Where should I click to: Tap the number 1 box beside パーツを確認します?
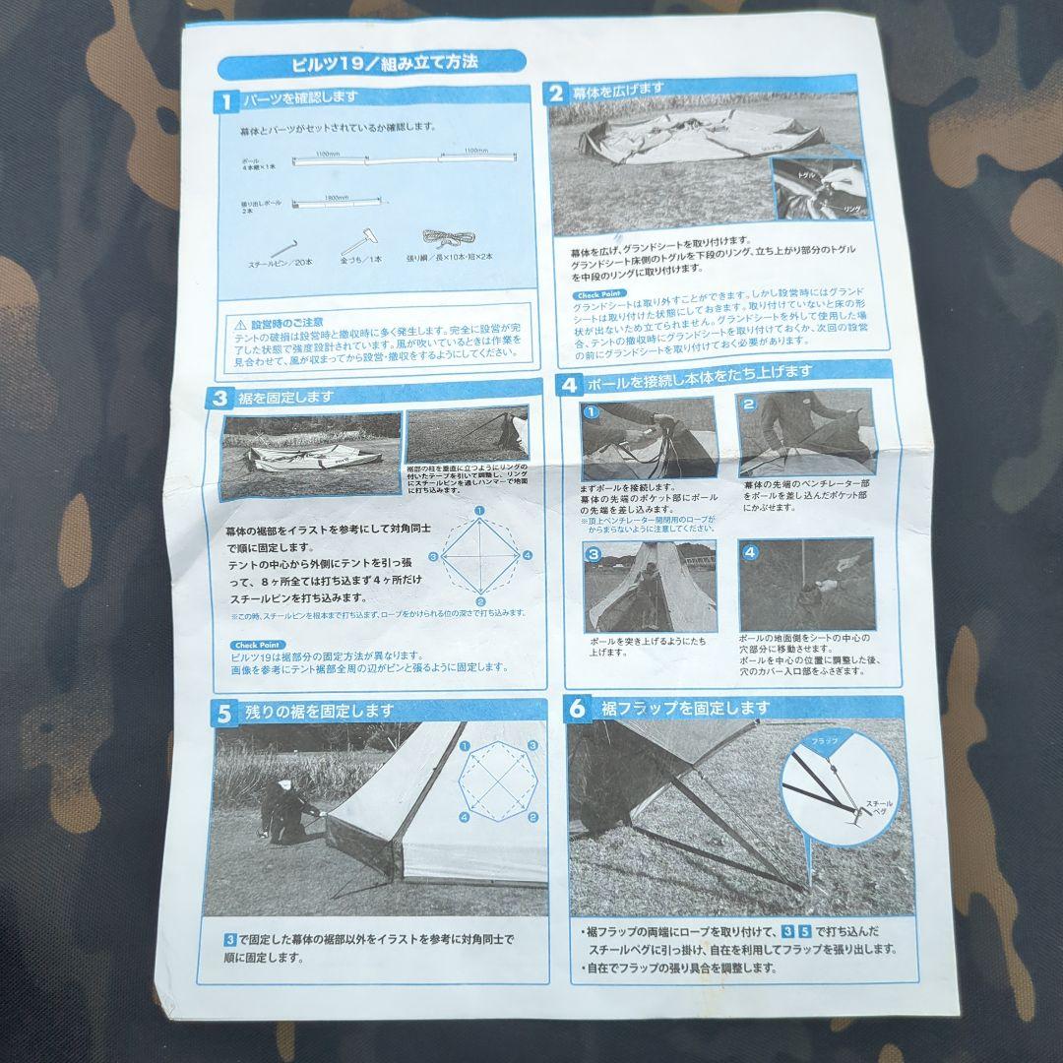(x=225, y=101)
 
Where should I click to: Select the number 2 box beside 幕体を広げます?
(x=556, y=93)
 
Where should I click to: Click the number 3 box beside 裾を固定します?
(x=219, y=399)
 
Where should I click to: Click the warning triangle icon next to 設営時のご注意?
(x=239, y=324)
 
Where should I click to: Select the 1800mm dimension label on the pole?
(x=337, y=198)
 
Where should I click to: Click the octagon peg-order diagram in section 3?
(x=479, y=556)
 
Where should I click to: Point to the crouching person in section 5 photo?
(x=284, y=809)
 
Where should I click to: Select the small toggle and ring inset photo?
(x=818, y=190)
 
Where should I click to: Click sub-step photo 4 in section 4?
(x=806, y=585)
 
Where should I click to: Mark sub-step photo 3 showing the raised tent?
(x=650, y=587)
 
